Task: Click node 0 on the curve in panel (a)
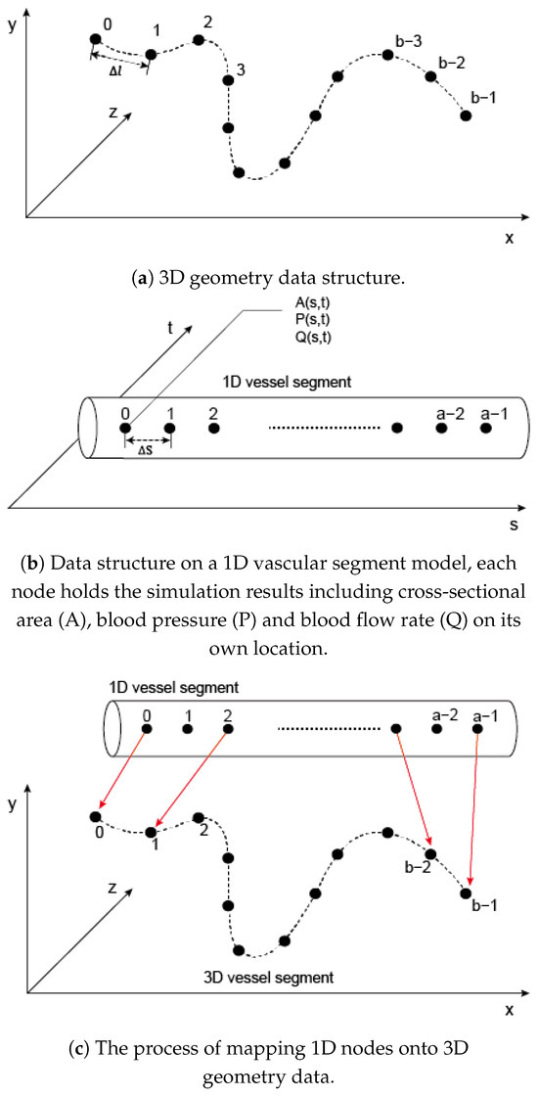click(95, 39)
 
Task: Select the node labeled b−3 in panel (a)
click(388, 56)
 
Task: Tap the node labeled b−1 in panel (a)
click(466, 115)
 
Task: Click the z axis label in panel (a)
click(113, 113)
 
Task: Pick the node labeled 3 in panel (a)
click(228, 80)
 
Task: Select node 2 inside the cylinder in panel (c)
click(228, 728)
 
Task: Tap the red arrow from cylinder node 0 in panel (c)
click(120, 772)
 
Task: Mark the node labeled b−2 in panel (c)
click(429, 854)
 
